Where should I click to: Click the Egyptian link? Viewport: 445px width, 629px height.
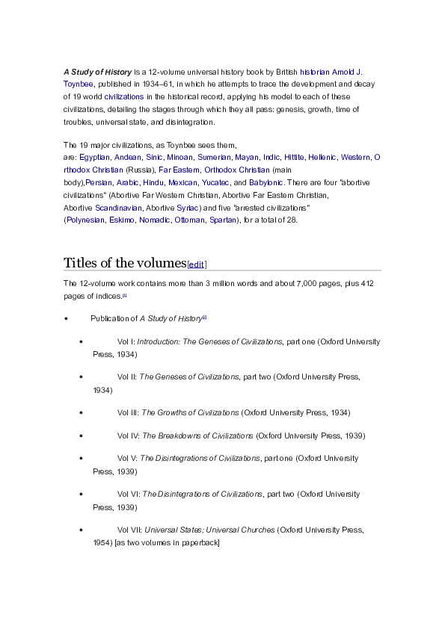[95, 158]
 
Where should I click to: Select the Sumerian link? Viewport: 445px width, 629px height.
[214, 158]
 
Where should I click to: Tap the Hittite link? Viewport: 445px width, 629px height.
[294, 158]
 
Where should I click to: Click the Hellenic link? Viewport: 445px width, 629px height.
[322, 158]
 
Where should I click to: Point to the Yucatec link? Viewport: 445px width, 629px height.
[215, 182]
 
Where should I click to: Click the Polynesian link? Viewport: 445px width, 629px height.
[85, 220]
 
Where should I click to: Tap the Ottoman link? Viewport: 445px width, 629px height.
[188, 220]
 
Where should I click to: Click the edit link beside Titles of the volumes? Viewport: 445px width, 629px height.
[197, 264]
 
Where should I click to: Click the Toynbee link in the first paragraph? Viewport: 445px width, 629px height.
[77, 84]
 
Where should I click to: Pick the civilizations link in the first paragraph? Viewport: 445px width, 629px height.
[123, 97]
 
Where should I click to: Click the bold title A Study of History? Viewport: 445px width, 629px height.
[97, 72]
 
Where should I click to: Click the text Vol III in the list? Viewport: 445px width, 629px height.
[127, 412]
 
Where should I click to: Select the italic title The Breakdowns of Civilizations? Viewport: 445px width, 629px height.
[197, 436]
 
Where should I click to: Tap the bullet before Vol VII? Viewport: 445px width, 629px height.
[81, 530]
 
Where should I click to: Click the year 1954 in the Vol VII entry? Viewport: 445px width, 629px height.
[102, 542]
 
